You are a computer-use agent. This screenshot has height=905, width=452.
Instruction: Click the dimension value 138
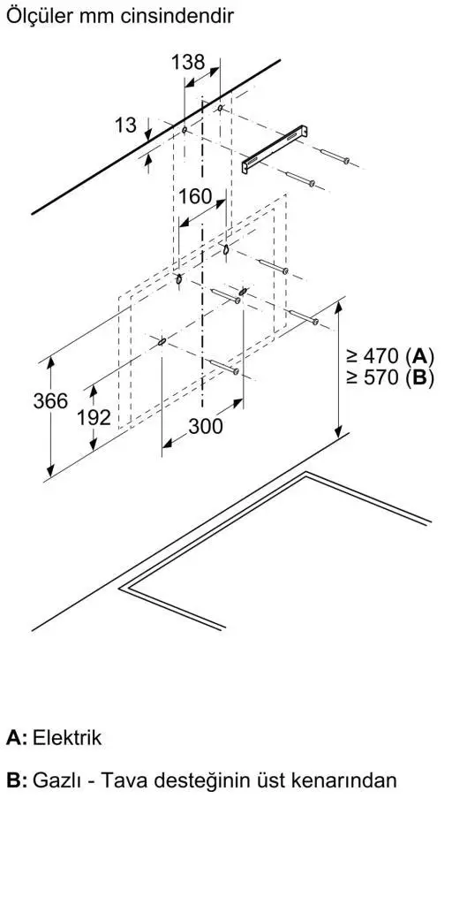coord(188,62)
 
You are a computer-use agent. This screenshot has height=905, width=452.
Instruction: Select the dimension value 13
coord(125,125)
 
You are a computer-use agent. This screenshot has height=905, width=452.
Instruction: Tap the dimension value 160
coord(195,196)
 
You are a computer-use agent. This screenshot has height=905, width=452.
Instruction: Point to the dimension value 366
coord(50,400)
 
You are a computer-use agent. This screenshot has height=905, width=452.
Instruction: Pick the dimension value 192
coord(94,417)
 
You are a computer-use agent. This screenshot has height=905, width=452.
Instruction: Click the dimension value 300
coord(205,427)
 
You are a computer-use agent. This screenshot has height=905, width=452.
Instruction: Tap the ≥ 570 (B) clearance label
coord(389,378)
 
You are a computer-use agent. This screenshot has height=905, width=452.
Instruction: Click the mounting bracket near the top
coord(275,148)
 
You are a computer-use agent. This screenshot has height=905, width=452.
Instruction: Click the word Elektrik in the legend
coord(67,738)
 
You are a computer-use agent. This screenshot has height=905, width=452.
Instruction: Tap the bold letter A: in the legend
coord(17,738)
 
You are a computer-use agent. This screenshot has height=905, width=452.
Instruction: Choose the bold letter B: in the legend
coord(17,780)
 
